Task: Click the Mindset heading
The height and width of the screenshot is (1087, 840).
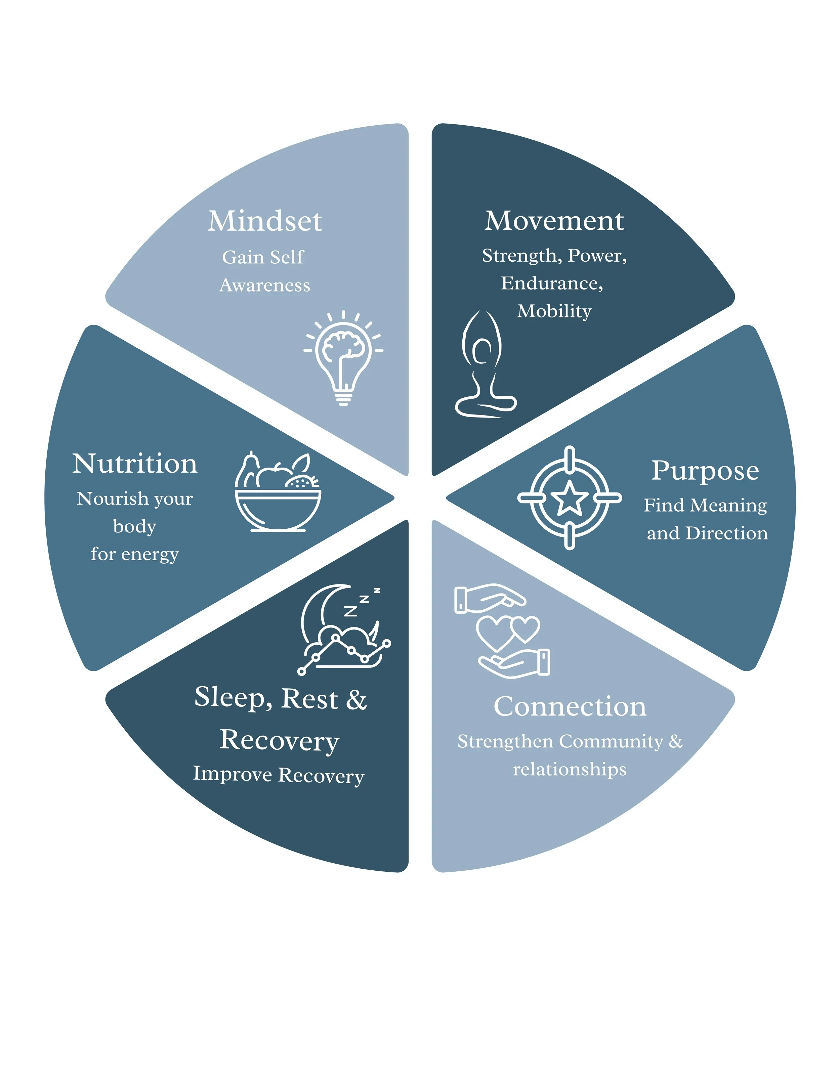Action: pos(265,221)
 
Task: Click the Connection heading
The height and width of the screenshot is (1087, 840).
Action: pos(570,706)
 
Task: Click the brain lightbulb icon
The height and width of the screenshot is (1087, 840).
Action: pos(343,357)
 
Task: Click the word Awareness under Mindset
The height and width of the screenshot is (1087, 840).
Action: pos(265,285)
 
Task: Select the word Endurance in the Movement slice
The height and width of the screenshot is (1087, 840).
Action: pos(552,283)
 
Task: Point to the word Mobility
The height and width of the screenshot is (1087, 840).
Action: pos(554,311)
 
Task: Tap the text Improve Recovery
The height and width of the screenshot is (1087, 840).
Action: pos(279,775)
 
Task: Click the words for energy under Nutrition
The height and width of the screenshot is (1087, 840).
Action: pos(134,554)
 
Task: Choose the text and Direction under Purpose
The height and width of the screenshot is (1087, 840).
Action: pos(707,533)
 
